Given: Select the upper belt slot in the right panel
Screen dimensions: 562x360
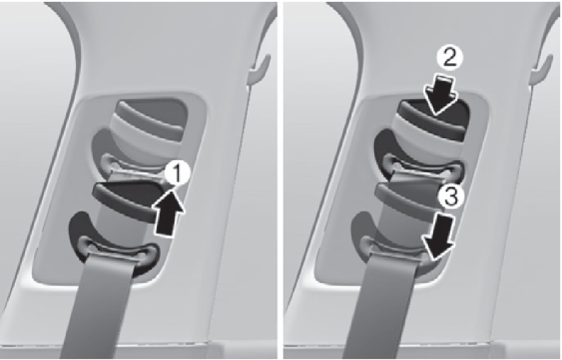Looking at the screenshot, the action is click(422, 168).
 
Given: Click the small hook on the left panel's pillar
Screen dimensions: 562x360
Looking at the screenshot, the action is click(260, 70).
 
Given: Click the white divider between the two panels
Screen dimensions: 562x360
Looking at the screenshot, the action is click(280, 180).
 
